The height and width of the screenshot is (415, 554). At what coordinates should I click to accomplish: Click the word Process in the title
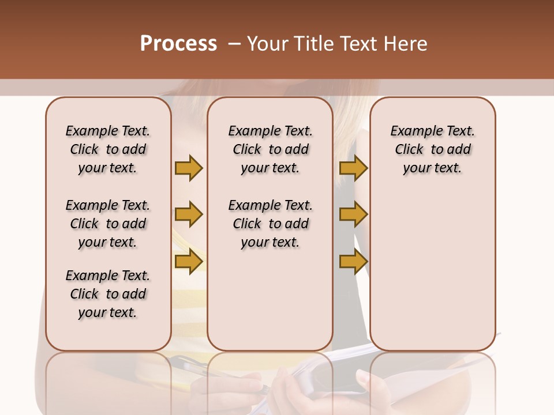tap(178, 44)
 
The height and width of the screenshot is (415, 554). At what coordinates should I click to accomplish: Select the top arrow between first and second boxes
tap(189, 168)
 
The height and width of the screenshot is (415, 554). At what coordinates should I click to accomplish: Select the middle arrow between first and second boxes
tap(189, 214)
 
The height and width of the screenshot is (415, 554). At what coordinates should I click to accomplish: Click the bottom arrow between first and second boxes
tap(189, 261)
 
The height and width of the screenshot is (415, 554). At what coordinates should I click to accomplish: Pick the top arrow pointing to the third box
tap(353, 168)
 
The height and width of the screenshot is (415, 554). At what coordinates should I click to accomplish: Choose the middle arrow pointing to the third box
tap(353, 214)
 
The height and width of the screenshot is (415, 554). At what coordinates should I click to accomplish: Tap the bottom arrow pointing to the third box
tap(353, 261)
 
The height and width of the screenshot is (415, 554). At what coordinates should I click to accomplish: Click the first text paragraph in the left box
tap(108, 149)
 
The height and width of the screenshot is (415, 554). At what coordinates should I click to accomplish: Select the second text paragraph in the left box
tap(108, 224)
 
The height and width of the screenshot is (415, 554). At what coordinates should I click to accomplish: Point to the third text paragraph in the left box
tap(108, 294)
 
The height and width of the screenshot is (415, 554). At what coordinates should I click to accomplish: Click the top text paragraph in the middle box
tap(270, 149)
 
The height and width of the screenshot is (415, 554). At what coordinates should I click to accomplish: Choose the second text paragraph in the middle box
tap(270, 224)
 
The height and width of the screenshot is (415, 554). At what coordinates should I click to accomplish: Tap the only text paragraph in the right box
tap(432, 149)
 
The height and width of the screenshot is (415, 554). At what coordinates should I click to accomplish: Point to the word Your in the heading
tap(267, 44)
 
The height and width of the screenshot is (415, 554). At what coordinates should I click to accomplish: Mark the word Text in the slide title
tap(360, 44)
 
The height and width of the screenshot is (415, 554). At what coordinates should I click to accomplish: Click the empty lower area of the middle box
tap(270, 300)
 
